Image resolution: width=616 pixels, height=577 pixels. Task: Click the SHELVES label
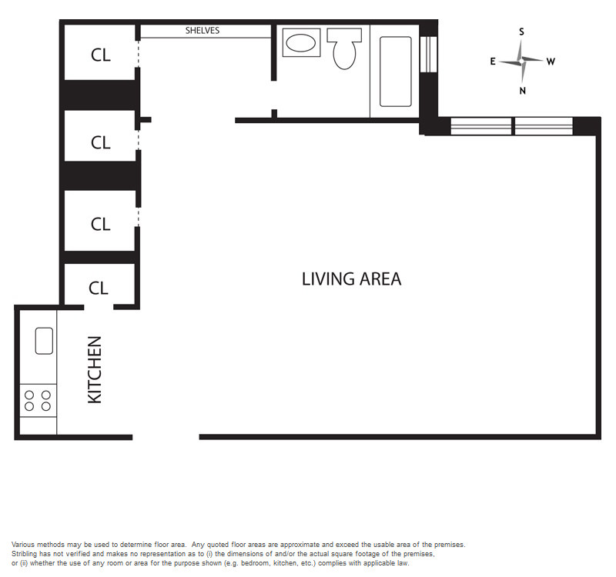(x=203, y=31)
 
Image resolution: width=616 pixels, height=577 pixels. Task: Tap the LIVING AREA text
(x=352, y=279)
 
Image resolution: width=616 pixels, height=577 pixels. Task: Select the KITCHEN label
(x=95, y=370)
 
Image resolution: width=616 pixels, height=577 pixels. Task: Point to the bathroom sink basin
(x=301, y=43)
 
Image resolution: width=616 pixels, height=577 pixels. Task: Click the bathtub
(x=396, y=72)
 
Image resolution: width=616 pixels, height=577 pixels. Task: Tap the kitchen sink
(x=44, y=341)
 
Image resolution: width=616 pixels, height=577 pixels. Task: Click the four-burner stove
(x=38, y=400)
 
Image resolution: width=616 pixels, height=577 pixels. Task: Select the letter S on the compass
(x=522, y=32)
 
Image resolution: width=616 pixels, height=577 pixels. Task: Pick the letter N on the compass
(x=523, y=91)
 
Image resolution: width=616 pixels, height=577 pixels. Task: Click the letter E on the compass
(x=493, y=62)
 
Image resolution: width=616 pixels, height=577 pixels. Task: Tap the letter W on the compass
(x=551, y=62)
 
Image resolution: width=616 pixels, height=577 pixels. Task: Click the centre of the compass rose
(x=521, y=62)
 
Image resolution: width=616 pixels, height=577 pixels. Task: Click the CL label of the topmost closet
(x=101, y=55)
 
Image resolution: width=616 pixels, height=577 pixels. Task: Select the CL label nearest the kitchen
(x=99, y=288)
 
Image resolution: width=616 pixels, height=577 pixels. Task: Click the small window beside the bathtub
(x=428, y=55)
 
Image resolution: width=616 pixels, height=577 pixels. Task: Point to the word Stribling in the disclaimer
(x=25, y=554)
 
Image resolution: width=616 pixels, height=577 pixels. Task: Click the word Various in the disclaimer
(x=23, y=545)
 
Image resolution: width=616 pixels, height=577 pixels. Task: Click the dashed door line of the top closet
(x=138, y=54)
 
